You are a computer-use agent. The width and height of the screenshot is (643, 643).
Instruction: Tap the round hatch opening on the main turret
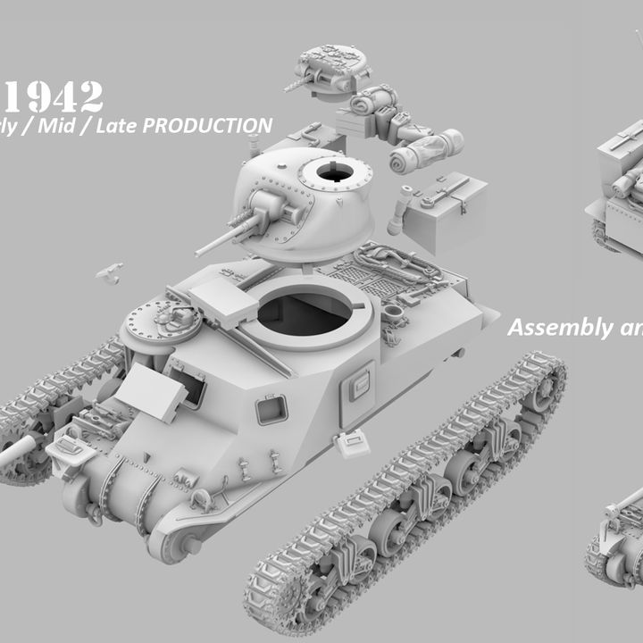click(x=335, y=172)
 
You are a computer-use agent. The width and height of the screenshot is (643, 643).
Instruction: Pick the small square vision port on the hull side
click(x=271, y=410)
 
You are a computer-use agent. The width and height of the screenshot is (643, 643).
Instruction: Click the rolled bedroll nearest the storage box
click(x=427, y=152)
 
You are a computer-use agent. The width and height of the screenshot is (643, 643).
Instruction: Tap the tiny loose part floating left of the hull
click(x=110, y=272)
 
